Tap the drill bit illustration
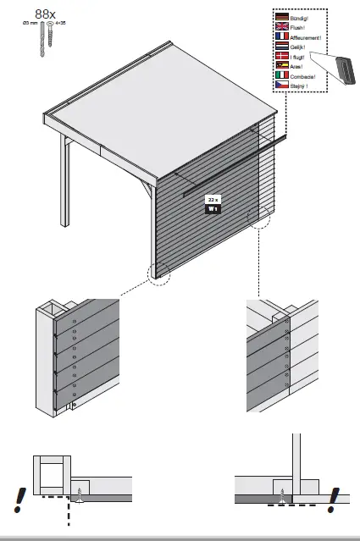pos(39,40)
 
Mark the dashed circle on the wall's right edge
pos(259,217)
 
